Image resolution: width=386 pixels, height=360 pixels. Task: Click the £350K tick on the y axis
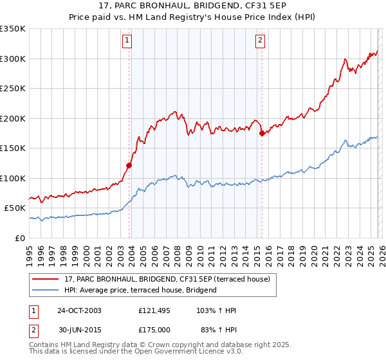tap(13, 29)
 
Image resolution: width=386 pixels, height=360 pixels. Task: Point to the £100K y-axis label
tap(13, 178)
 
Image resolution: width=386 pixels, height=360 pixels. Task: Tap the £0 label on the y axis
tap(21, 238)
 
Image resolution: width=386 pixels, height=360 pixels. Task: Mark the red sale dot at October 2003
tap(129, 165)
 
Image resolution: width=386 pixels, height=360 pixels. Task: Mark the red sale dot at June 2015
tap(262, 134)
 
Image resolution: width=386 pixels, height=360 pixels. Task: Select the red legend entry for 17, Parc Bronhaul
tap(170, 279)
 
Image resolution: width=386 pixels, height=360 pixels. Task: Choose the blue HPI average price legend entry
tap(140, 290)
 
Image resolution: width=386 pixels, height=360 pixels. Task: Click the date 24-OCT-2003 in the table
tap(79, 310)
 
